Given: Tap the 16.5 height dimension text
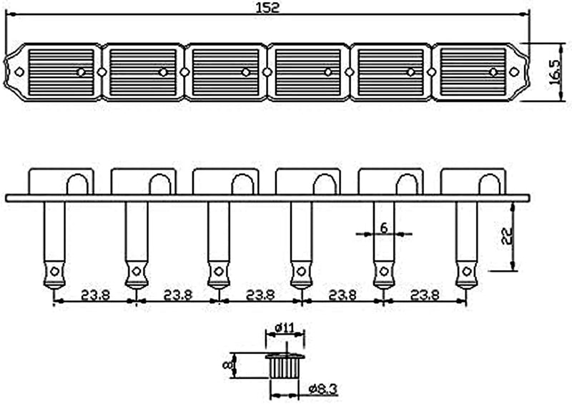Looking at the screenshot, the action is point(554,72).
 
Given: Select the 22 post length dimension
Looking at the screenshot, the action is point(507,236).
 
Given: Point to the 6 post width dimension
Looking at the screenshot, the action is point(384,227).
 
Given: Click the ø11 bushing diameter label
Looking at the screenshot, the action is point(285,327).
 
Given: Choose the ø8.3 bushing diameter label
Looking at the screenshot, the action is point(322,390).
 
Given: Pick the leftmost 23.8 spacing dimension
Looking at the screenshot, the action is point(95,294).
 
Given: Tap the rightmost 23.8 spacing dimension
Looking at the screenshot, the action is point(425,294).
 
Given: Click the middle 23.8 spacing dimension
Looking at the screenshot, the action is point(260,294).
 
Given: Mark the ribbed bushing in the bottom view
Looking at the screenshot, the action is point(285,365).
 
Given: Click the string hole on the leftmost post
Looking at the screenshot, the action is point(55,271).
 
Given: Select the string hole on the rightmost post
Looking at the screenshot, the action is point(467,271).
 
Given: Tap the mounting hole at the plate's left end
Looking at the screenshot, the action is point(19,72).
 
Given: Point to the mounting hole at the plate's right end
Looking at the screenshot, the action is point(513,72).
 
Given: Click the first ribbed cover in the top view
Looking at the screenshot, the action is point(61,72).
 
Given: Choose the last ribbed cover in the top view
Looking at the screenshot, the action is point(473,72).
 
